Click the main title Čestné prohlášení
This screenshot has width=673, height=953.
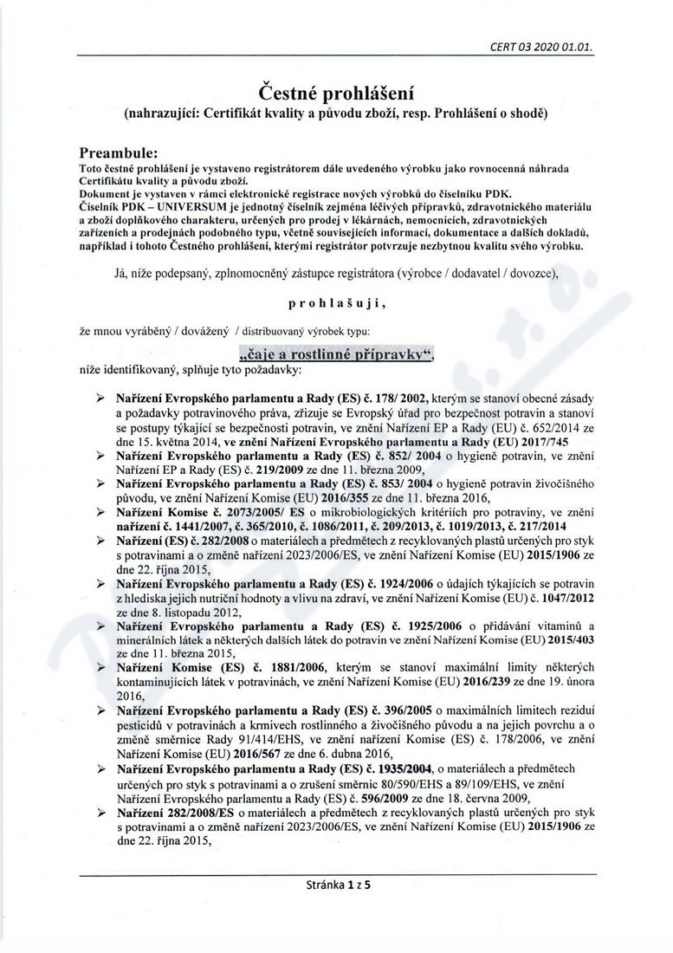coord(336,93)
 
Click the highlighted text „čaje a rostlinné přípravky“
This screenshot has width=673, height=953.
coord(335,354)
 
